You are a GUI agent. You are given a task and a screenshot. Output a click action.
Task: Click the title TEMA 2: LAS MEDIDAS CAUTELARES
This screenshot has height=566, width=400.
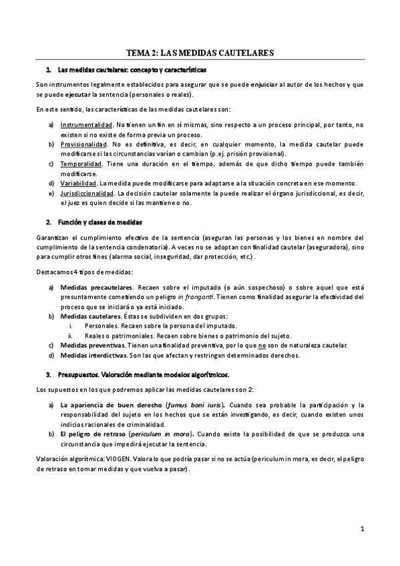pyautogui.click(x=200, y=52)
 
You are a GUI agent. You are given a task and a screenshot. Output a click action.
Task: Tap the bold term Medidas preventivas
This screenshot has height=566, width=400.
pyautogui.click(x=88, y=345)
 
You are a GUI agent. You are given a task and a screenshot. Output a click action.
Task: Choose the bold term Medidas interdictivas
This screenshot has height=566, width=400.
pyautogui.click(x=89, y=355)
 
